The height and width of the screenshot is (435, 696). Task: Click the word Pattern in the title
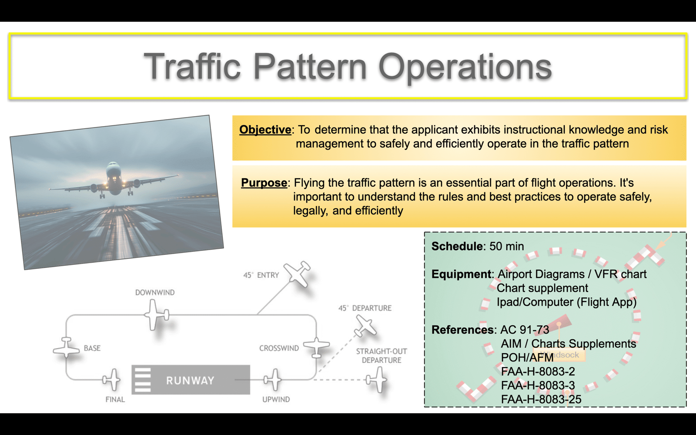pos(311,67)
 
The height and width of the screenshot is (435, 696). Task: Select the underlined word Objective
pos(265,130)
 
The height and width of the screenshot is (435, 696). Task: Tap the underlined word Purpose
pos(264,183)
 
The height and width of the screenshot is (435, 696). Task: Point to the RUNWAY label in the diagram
pos(190,380)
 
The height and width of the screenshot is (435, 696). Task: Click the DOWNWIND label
pos(155,292)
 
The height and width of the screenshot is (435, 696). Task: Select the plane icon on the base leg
pos(66,347)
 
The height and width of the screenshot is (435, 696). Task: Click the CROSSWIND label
pos(279,348)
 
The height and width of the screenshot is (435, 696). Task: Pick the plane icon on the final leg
pos(111,379)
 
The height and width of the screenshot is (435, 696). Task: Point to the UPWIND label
pos(276,400)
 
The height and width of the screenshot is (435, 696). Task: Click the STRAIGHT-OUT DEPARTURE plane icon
pos(376,379)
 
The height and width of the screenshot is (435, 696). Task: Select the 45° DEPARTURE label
pos(365,308)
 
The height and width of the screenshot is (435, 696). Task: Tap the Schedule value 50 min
pos(506,246)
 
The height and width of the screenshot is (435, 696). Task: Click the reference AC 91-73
pos(525,330)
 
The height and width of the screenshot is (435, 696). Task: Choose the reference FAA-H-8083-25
pos(541,399)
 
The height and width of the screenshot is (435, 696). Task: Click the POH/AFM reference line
pos(527,358)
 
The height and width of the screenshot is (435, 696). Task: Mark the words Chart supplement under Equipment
pos(542,288)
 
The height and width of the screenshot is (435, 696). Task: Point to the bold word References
pos(462,330)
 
